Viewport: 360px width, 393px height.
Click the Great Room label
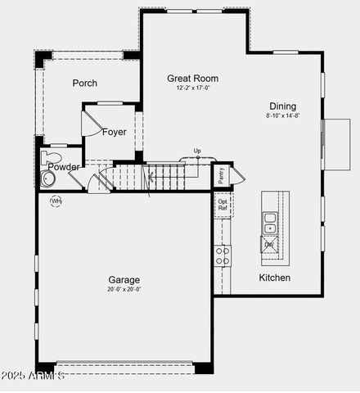tap(192, 79)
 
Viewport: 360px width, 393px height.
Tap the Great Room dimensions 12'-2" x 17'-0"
tap(192, 88)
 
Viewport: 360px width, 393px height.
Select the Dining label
tap(283, 106)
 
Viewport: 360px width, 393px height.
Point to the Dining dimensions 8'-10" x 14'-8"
tap(283, 115)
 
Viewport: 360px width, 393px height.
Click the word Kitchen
tap(275, 278)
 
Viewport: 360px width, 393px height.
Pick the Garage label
tap(124, 279)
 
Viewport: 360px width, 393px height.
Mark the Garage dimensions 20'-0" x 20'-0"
tap(124, 288)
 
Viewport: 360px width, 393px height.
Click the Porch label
tap(84, 83)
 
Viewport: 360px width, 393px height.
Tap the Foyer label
tap(115, 132)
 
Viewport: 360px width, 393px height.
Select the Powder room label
tap(63, 167)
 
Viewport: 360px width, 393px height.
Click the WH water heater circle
tap(56, 201)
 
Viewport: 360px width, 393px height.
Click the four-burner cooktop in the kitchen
tap(223, 255)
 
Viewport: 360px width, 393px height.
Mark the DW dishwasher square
tap(268, 244)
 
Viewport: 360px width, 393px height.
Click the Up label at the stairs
tap(197, 151)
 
